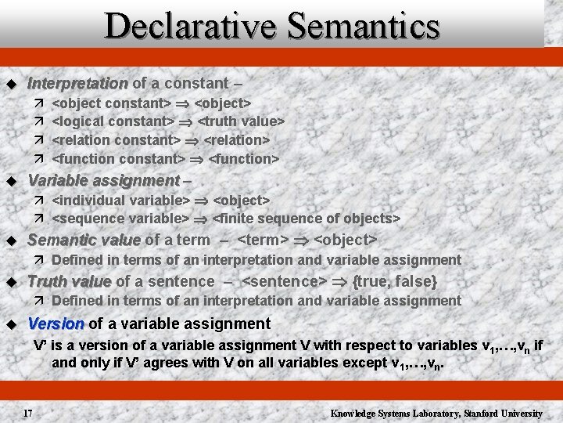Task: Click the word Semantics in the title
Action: pyautogui.click(x=364, y=26)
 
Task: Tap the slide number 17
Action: pyautogui.click(x=27, y=413)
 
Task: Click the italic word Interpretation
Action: pyautogui.click(x=77, y=83)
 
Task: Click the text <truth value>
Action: pyautogui.click(x=242, y=121)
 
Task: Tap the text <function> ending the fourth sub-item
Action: pyautogui.click(x=244, y=159)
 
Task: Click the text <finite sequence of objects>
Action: pyautogui.click(x=307, y=219)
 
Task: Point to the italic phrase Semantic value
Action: pyautogui.click(x=84, y=240)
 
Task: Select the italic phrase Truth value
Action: pyautogui.click(x=70, y=281)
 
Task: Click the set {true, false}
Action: pyautogui.click(x=395, y=281)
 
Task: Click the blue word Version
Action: pyautogui.click(x=56, y=324)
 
